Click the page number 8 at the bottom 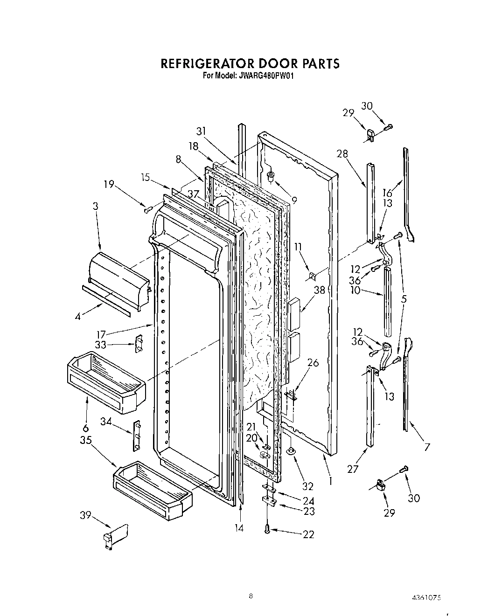[x=251, y=595]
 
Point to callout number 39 [x=85, y=515]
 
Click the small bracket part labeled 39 [x=116, y=535]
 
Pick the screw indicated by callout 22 [x=267, y=529]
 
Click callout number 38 [x=320, y=290]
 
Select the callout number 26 [x=313, y=362]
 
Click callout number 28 [x=342, y=154]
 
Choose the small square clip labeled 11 [x=310, y=277]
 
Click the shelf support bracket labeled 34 [x=137, y=435]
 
